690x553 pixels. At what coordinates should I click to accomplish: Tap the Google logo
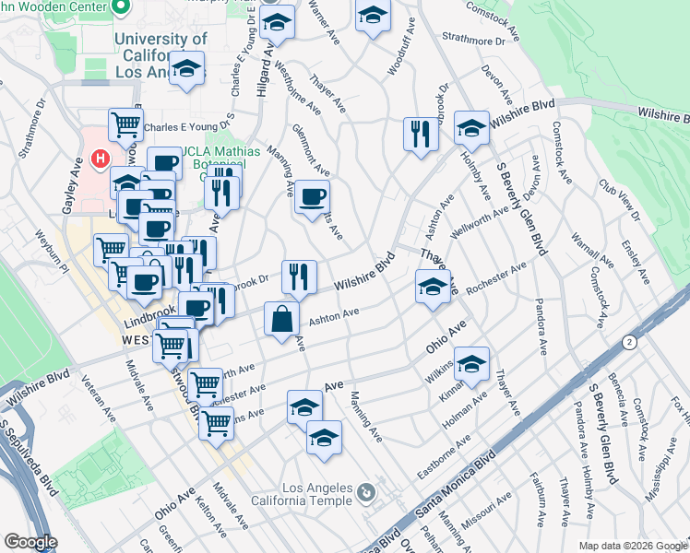[x=30, y=542]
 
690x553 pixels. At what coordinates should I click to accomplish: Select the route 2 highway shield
[x=629, y=341]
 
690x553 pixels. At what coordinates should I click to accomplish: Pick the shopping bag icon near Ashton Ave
[x=281, y=320]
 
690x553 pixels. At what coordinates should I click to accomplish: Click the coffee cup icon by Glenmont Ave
[x=313, y=196]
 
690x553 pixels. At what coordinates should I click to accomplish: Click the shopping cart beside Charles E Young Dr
[x=125, y=124]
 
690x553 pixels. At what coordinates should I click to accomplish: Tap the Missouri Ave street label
[x=488, y=512]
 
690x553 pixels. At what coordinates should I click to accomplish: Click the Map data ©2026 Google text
[x=633, y=546]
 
